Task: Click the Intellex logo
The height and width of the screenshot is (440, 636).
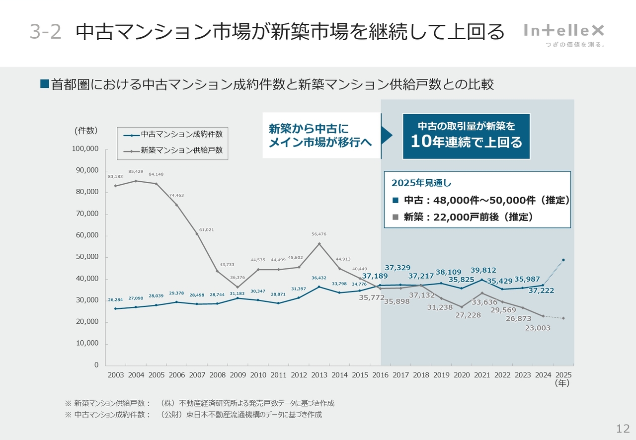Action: pyautogui.click(x=564, y=31)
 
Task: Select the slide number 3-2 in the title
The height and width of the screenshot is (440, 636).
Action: pyautogui.click(x=45, y=32)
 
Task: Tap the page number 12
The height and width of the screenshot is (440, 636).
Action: pyautogui.click(x=623, y=429)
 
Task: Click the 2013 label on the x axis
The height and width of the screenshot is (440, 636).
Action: pyautogui.click(x=319, y=375)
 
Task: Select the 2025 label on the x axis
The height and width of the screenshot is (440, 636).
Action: pyautogui.click(x=563, y=375)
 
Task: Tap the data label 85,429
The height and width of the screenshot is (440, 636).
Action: pyautogui.click(x=136, y=172)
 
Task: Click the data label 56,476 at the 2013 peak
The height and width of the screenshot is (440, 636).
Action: pyautogui.click(x=319, y=234)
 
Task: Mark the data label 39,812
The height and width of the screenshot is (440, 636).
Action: pyautogui.click(x=483, y=270)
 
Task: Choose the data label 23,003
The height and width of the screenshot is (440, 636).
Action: pyautogui.click(x=538, y=328)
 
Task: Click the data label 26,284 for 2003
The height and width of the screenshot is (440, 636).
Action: pyautogui.click(x=115, y=299)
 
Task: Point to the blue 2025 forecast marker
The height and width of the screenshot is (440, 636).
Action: pyautogui.click(x=563, y=260)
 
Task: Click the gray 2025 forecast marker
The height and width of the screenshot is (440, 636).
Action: pyautogui.click(x=563, y=318)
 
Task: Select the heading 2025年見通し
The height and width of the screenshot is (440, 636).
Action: pyautogui.click(x=421, y=183)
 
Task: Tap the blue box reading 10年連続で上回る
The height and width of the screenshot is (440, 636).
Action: pyautogui.click(x=466, y=136)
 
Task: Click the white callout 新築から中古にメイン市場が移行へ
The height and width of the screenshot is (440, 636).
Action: pyautogui.click(x=321, y=136)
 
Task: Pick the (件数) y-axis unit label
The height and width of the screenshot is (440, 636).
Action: pyautogui.click(x=86, y=131)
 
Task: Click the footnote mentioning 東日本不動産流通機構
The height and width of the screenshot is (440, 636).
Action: pyautogui.click(x=193, y=414)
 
